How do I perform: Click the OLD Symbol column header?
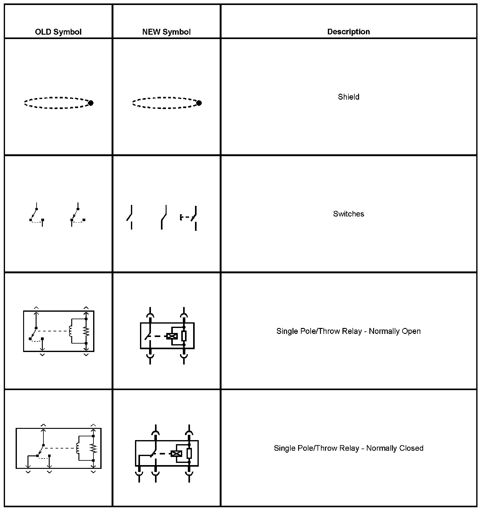(x=58, y=32)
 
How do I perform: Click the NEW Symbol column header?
(x=166, y=32)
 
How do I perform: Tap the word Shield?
(x=348, y=97)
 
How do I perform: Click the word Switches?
(x=348, y=214)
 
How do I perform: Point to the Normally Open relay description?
(x=348, y=331)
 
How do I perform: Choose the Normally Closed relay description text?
(x=348, y=448)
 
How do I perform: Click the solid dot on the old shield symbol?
(x=91, y=103)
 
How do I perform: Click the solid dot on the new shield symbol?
(x=199, y=103)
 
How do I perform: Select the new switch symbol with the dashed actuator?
(x=189, y=218)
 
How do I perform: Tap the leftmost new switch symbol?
(x=131, y=217)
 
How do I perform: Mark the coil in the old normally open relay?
(x=71, y=331)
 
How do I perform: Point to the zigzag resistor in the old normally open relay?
(x=86, y=331)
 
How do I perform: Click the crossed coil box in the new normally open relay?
(x=172, y=336)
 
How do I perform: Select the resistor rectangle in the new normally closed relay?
(x=189, y=453)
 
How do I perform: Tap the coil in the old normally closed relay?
(x=78, y=448)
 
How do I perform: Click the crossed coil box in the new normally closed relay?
(x=177, y=454)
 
